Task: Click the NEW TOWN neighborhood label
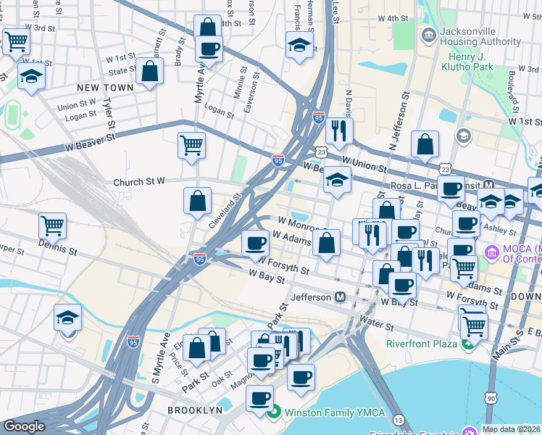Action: tap(106, 88)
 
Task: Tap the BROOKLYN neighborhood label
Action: tap(194, 410)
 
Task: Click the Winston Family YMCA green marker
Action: tap(273, 415)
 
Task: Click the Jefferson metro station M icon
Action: tap(340, 297)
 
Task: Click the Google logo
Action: tap(24, 426)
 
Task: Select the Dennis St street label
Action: tap(59, 251)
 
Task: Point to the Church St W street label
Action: tap(140, 182)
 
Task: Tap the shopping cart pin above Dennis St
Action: tap(53, 225)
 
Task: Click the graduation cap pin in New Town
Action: tap(31, 77)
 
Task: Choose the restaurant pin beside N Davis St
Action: tap(338, 131)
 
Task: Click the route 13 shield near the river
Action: tap(398, 420)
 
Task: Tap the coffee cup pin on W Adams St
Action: tap(254, 243)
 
